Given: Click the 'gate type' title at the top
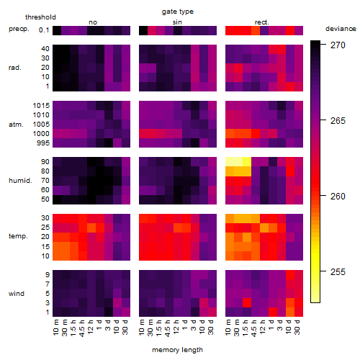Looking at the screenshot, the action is coord(178,12).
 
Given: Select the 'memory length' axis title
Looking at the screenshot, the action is coord(177,350).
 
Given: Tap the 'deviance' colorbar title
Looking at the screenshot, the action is coord(341,29).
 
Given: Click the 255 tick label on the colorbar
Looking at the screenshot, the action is coord(338,271).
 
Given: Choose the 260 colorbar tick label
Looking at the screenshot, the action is coord(338,196).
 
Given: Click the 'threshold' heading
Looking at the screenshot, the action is coord(40,17).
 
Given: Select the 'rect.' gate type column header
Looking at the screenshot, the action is coord(261,22).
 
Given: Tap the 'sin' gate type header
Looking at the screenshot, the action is coord(177,22).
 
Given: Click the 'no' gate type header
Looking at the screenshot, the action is coord(93,22).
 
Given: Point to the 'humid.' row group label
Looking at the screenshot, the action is coord(20,181).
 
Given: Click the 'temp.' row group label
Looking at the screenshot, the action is coord(18,236).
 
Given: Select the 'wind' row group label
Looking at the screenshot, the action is coord(17,294).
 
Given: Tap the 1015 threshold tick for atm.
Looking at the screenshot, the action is coord(41,106).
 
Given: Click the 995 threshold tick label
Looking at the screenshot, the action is coord(43,143).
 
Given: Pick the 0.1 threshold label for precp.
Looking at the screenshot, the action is coord(44,30).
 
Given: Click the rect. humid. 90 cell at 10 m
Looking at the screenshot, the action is coord(230,162).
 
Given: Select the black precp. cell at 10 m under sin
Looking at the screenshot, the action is coord(143,30).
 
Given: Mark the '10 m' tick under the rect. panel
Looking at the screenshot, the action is coord(228,327).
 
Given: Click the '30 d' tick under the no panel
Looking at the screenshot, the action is coord(125,327).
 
